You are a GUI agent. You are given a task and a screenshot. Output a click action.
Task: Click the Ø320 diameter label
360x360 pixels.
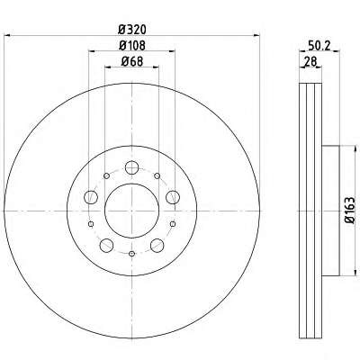pos(132,30)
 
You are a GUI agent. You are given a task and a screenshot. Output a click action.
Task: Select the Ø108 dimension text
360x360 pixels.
pos(132,46)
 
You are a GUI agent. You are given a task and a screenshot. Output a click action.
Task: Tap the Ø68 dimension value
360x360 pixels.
pos(132,61)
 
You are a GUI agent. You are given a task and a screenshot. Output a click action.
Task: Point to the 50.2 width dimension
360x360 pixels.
pos(319,46)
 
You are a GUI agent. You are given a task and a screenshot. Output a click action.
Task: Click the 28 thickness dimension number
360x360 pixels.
pos(310,62)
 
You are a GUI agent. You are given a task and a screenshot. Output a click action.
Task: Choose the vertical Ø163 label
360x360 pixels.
pos(350,211)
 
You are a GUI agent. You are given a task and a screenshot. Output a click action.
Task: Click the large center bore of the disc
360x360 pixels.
pos(131,211)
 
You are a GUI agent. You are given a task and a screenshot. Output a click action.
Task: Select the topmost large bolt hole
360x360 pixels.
pos(131,167)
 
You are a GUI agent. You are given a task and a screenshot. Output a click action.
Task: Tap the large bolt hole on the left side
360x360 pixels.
pos(91,197)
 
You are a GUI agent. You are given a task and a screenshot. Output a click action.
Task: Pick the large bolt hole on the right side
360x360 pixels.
pos(173,197)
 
